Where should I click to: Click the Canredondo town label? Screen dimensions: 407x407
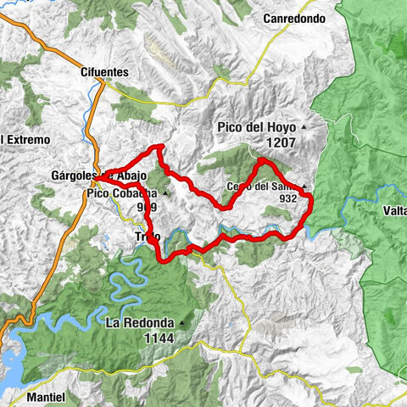(x=293, y=18)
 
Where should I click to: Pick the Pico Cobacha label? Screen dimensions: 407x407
(x=121, y=193)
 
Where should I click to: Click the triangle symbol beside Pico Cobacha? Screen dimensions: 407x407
(x=166, y=193)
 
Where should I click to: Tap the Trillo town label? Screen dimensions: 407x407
(x=147, y=237)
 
